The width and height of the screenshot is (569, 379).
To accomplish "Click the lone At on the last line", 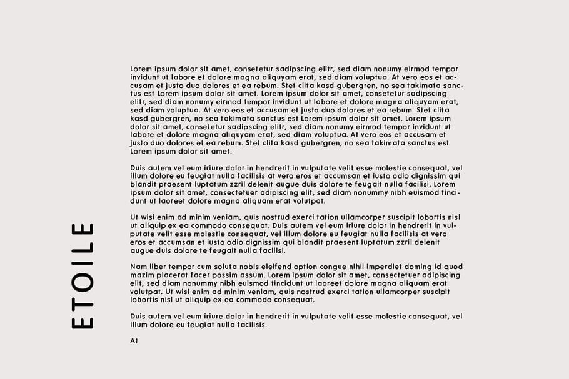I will pos(134,341).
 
